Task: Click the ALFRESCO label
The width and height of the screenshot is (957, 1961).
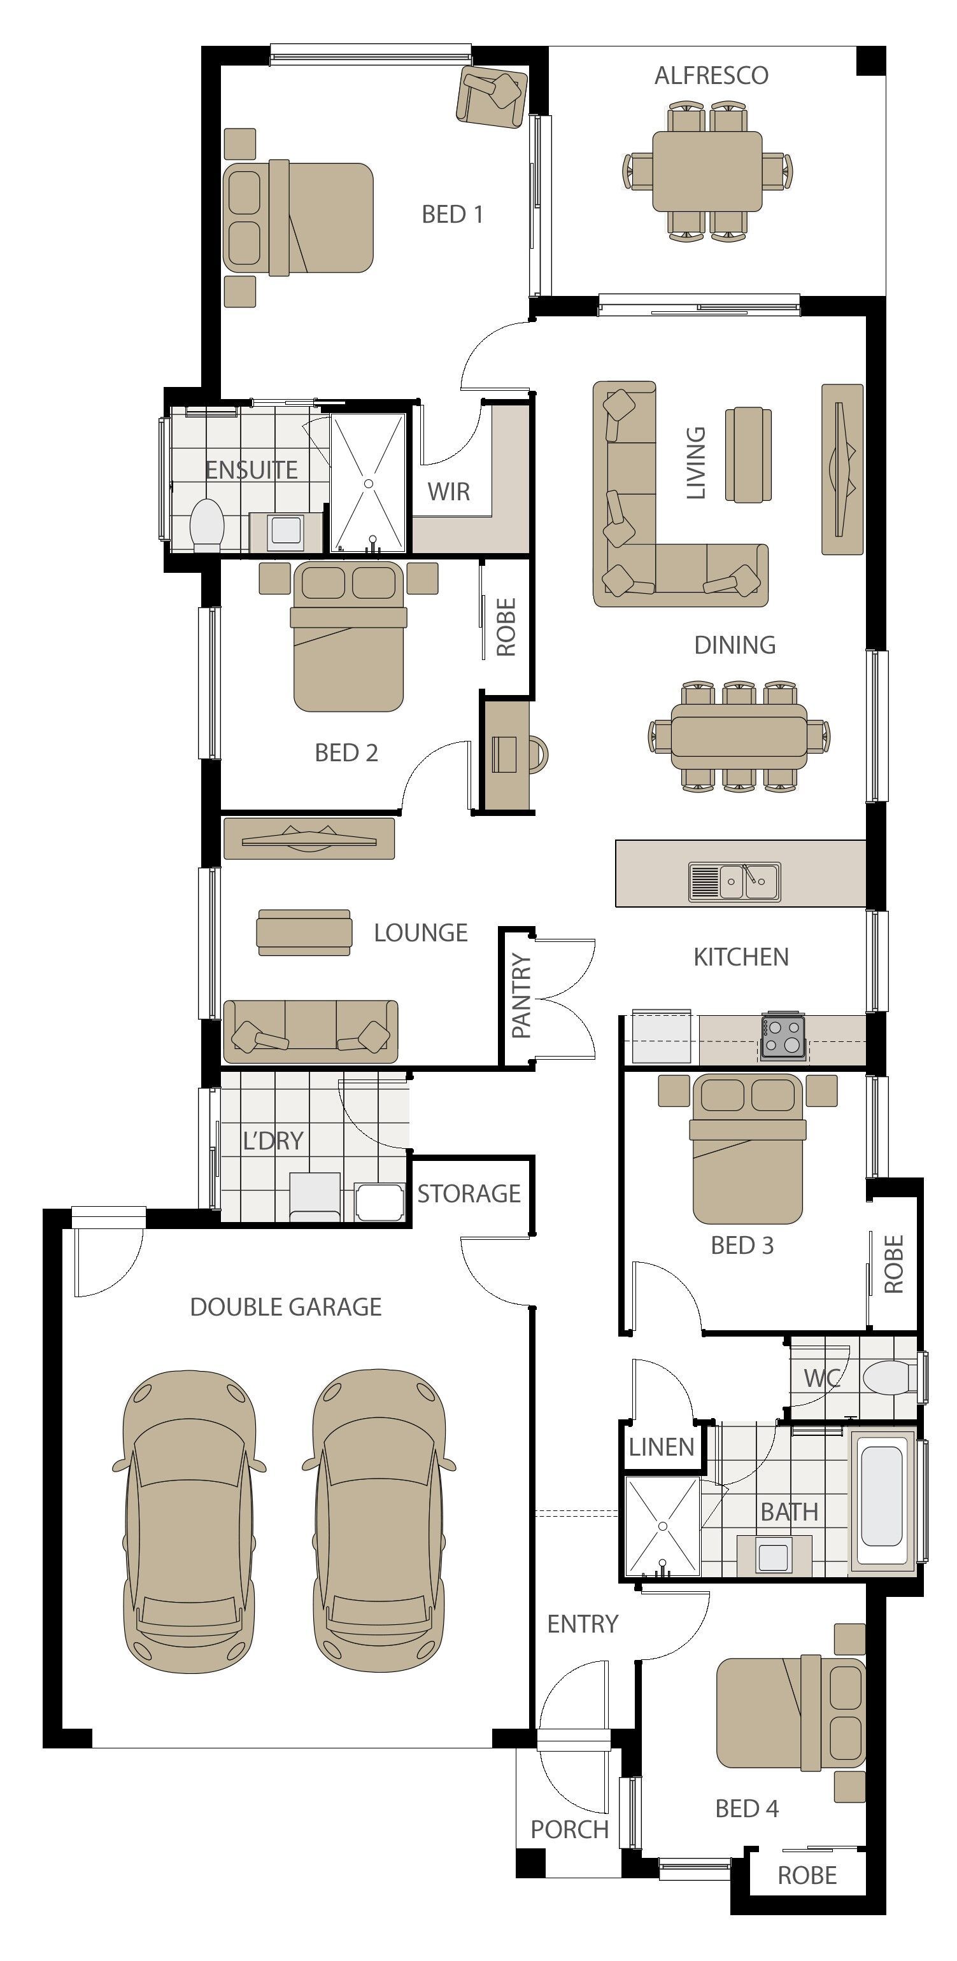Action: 711,75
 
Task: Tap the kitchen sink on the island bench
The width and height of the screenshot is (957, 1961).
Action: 735,882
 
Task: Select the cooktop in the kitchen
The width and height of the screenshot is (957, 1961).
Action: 782,1037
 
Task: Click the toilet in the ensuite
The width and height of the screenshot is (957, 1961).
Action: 206,524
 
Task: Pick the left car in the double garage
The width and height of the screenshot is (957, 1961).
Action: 189,1522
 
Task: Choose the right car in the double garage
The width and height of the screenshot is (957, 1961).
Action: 378,1522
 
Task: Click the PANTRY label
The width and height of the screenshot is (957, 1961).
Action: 521,995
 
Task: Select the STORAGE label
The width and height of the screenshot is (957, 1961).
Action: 469,1193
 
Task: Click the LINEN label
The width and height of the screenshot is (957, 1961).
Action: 662,1447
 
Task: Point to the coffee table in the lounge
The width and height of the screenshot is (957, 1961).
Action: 304,932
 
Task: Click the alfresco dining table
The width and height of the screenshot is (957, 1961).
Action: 707,171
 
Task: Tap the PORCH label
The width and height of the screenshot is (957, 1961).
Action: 569,1829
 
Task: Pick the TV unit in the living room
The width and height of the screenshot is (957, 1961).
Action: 842,469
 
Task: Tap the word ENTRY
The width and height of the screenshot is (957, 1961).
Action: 583,1624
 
